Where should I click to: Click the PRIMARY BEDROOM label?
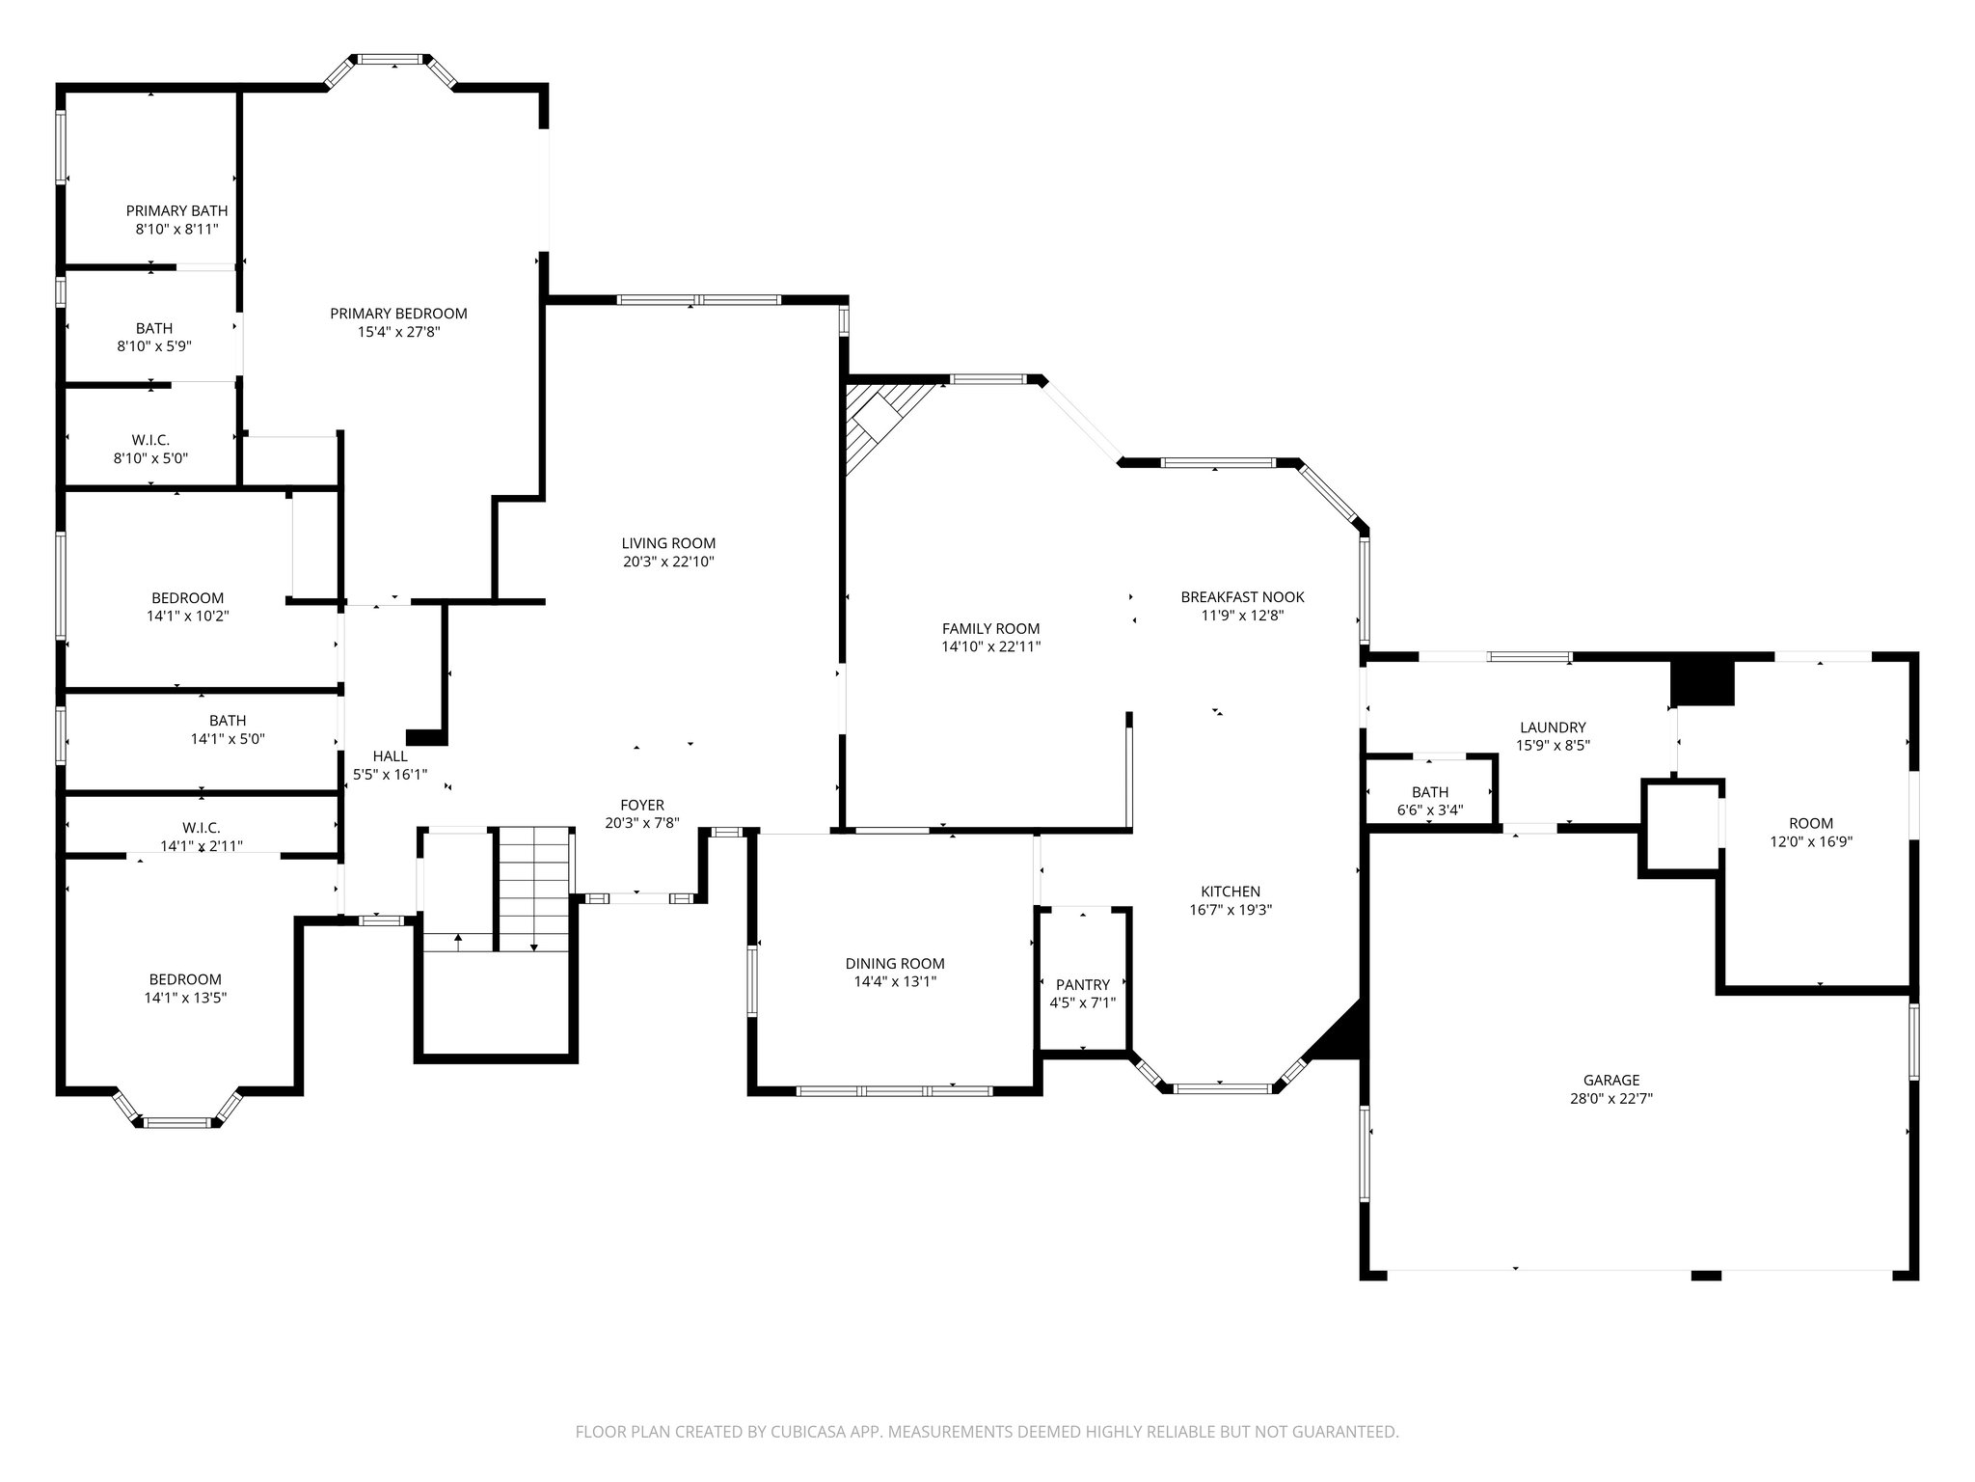[x=398, y=314]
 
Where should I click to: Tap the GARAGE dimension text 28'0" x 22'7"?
[x=1610, y=1098]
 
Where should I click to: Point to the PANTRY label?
[x=1082, y=984]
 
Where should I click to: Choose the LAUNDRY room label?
[x=1552, y=727]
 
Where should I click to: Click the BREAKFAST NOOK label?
[x=1242, y=597]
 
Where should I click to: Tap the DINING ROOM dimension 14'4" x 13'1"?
[x=895, y=981]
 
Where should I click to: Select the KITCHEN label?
[x=1230, y=892]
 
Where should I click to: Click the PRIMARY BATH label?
[x=176, y=211]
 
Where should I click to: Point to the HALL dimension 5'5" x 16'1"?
[x=390, y=774]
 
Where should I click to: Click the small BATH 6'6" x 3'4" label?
[x=1429, y=792]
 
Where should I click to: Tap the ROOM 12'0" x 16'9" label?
[x=1810, y=823]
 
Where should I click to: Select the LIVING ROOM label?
[x=668, y=543]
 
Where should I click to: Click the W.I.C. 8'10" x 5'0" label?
[x=150, y=440]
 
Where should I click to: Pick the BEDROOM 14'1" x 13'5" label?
[x=184, y=979]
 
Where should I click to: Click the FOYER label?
[x=641, y=806]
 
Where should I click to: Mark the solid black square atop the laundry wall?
[x=1702, y=682]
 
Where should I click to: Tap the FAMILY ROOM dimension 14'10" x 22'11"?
[x=990, y=647]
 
